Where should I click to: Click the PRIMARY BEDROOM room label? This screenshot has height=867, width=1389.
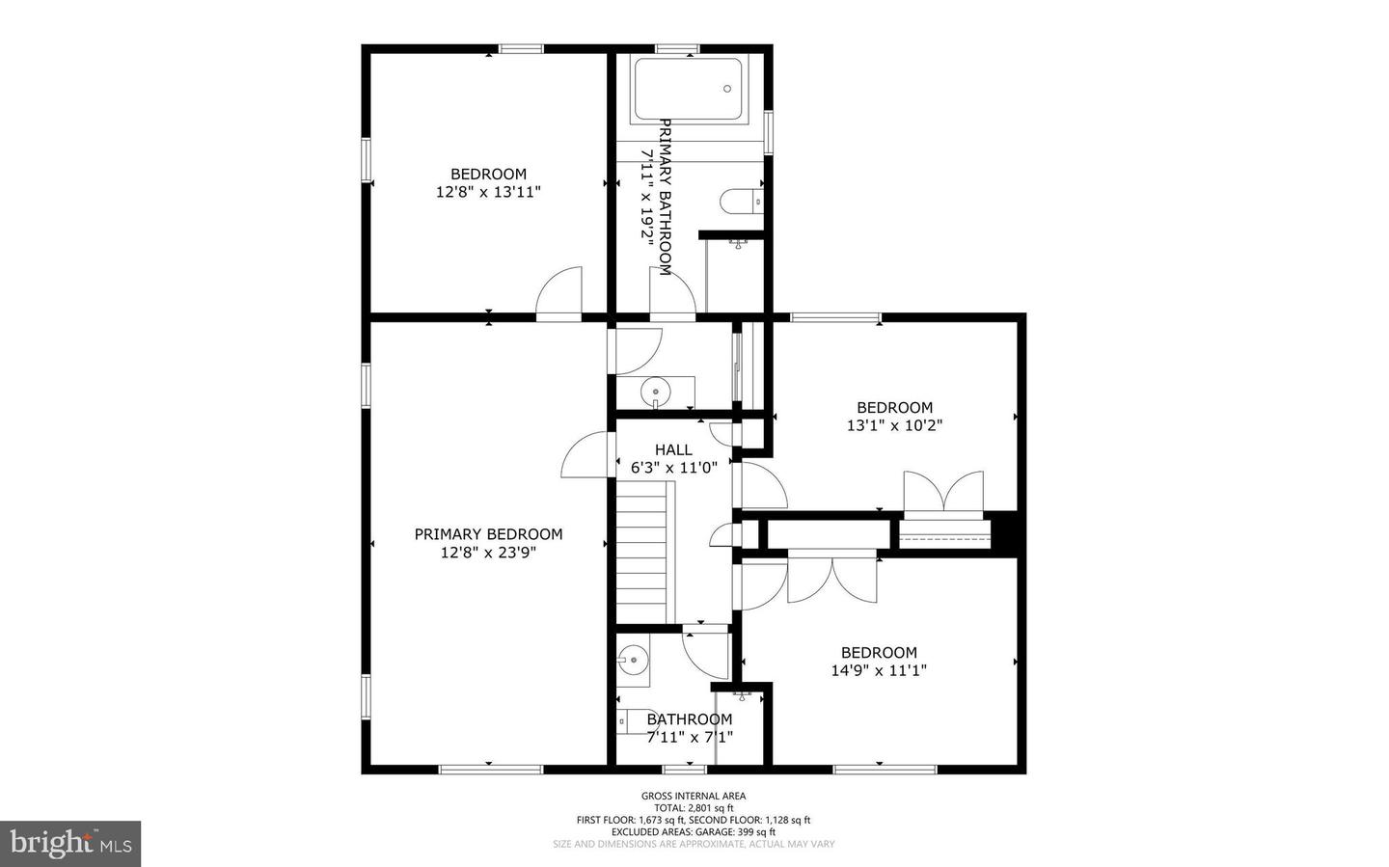[488, 534]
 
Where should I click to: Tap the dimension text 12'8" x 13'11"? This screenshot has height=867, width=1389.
[488, 192]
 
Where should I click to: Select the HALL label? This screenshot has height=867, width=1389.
[673, 449]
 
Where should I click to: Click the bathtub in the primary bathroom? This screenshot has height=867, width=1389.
[687, 90]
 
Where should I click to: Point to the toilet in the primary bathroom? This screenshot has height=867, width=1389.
[741, 202]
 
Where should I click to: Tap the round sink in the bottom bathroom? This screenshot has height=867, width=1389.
[633, 662]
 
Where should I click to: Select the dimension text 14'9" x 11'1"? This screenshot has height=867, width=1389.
[879, 670]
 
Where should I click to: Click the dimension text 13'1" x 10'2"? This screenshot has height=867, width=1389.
[894, 425]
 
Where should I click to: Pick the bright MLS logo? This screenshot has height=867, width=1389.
[70, 844]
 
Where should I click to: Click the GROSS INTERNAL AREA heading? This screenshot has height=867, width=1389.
[694, 796]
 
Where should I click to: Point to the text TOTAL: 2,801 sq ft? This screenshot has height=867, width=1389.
[694, 808]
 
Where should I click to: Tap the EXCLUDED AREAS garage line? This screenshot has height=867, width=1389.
[694, 831]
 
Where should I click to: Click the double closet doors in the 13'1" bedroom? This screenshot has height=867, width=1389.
[943, 492]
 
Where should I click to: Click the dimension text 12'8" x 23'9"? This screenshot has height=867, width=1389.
[488, 553]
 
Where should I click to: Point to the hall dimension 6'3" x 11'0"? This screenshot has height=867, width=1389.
[673, 468]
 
